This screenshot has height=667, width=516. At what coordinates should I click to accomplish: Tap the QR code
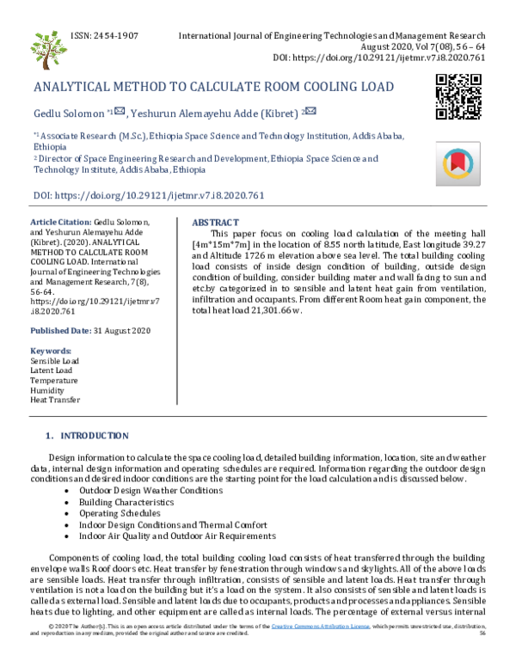click(x=458, y=95)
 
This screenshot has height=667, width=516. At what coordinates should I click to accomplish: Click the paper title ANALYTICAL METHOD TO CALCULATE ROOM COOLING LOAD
click(x=213, y=87)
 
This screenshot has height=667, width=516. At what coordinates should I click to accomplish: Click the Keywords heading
click(x=51, y=351)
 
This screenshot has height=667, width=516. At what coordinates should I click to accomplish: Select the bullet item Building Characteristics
click(x=126, y=502)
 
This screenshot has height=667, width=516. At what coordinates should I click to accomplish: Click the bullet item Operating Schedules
click(x=120, y=513)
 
